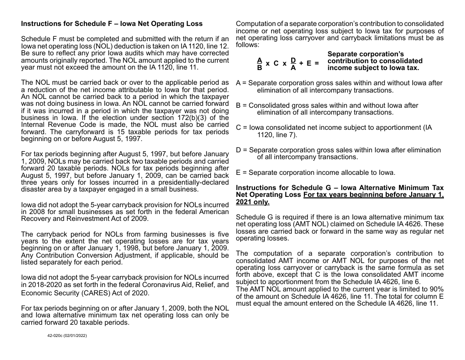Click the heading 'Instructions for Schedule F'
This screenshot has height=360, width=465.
click(112, 24)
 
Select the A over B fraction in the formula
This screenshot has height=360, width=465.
click(259, 64)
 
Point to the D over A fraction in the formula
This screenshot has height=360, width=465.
click(293, 64)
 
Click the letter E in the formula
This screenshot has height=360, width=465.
click(309, 64)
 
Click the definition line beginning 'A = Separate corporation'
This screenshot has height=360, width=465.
click(339, 87)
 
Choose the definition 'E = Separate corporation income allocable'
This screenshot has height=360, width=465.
click(316, 172)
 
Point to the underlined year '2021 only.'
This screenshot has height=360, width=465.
click(253, 202)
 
